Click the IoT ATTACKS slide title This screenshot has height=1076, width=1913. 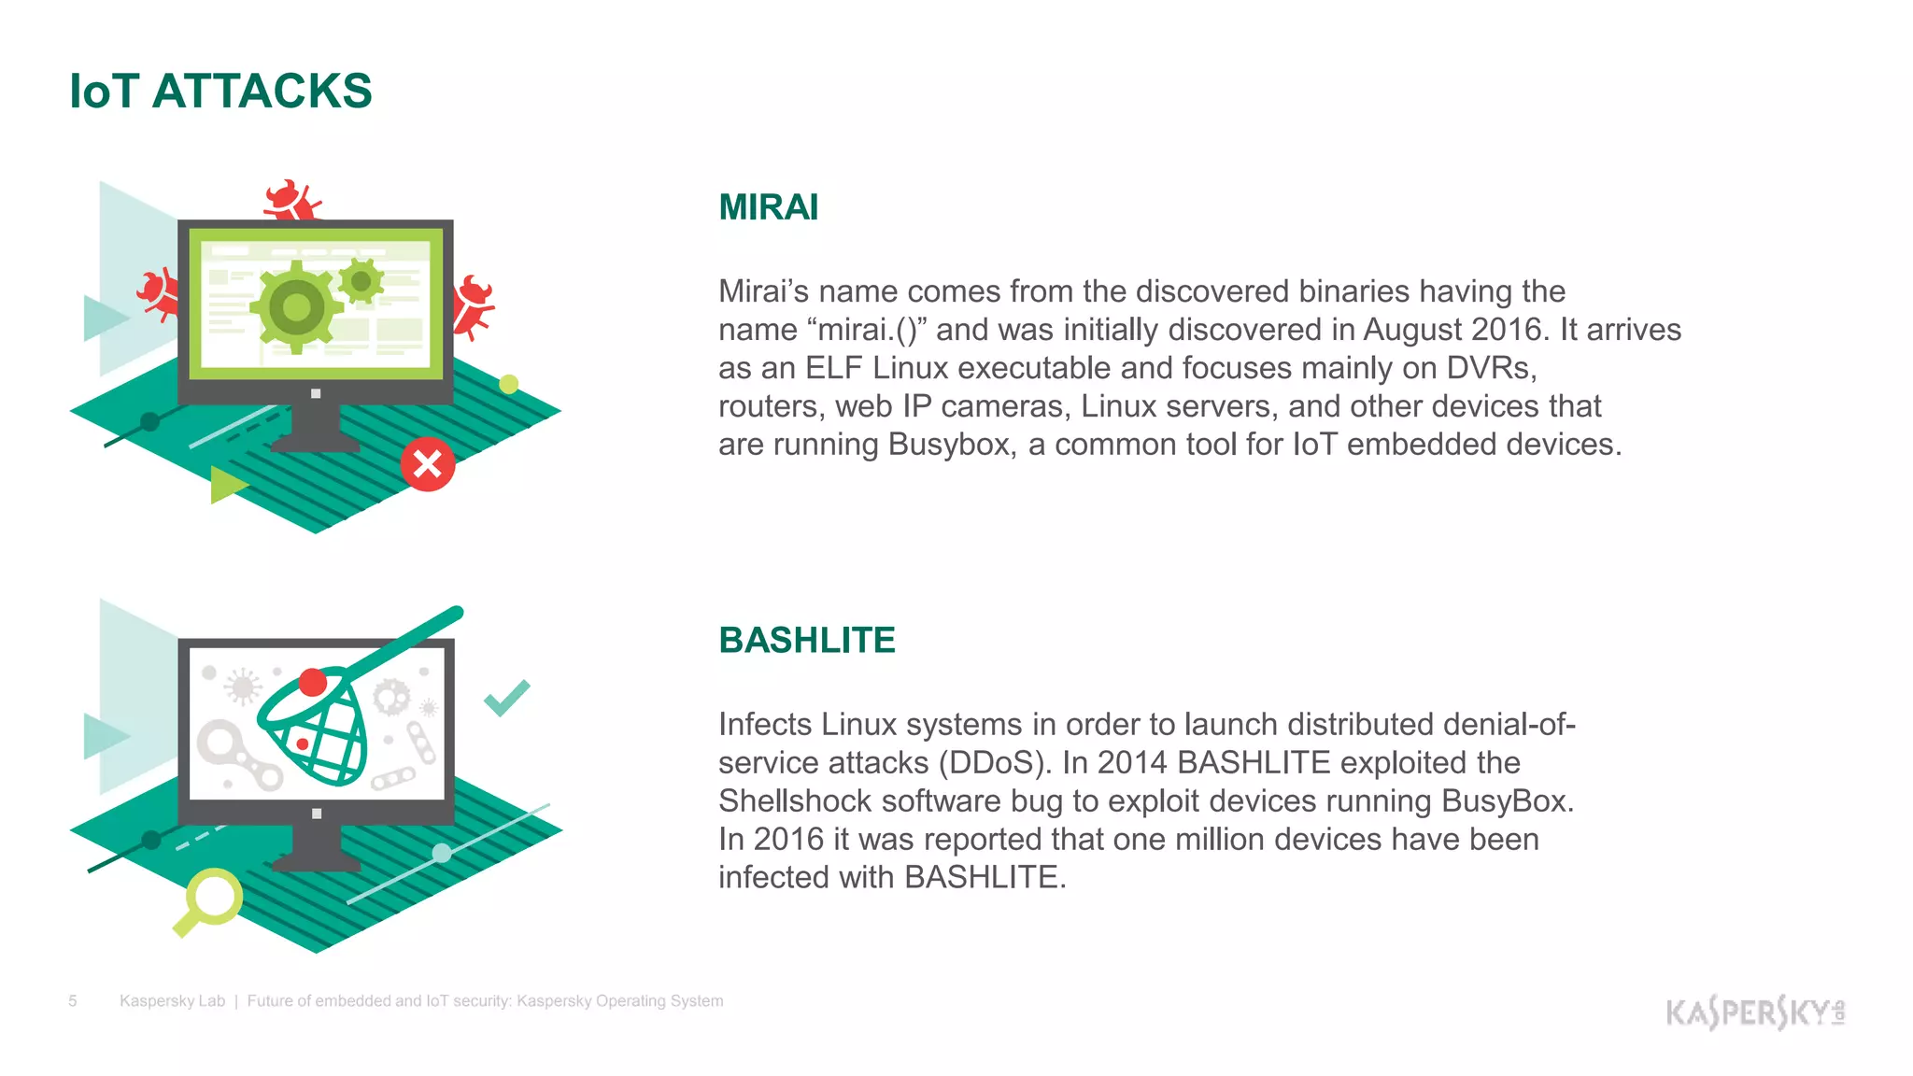coord(220,92)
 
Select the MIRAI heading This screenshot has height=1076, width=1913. coord(768,207)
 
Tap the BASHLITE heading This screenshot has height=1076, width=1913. coord(807,641)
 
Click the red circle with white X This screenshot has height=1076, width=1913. coord(428,464)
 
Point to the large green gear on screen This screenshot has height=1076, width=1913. coord(296,306)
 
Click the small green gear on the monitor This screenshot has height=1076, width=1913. coord(361,280)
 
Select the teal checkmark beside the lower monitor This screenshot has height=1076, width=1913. coord(506,697)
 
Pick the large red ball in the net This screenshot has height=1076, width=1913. coord(313,683)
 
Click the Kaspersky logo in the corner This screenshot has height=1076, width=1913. coord(1754,1012)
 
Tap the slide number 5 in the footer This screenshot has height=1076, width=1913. coord(73,1001)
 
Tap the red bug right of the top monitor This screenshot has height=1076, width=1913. coord(473,305)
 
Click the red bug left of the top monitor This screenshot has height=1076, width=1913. coord(159,294)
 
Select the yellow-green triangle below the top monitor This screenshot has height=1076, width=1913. coord(226,484)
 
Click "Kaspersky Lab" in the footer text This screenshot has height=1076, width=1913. coord(172,1001)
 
